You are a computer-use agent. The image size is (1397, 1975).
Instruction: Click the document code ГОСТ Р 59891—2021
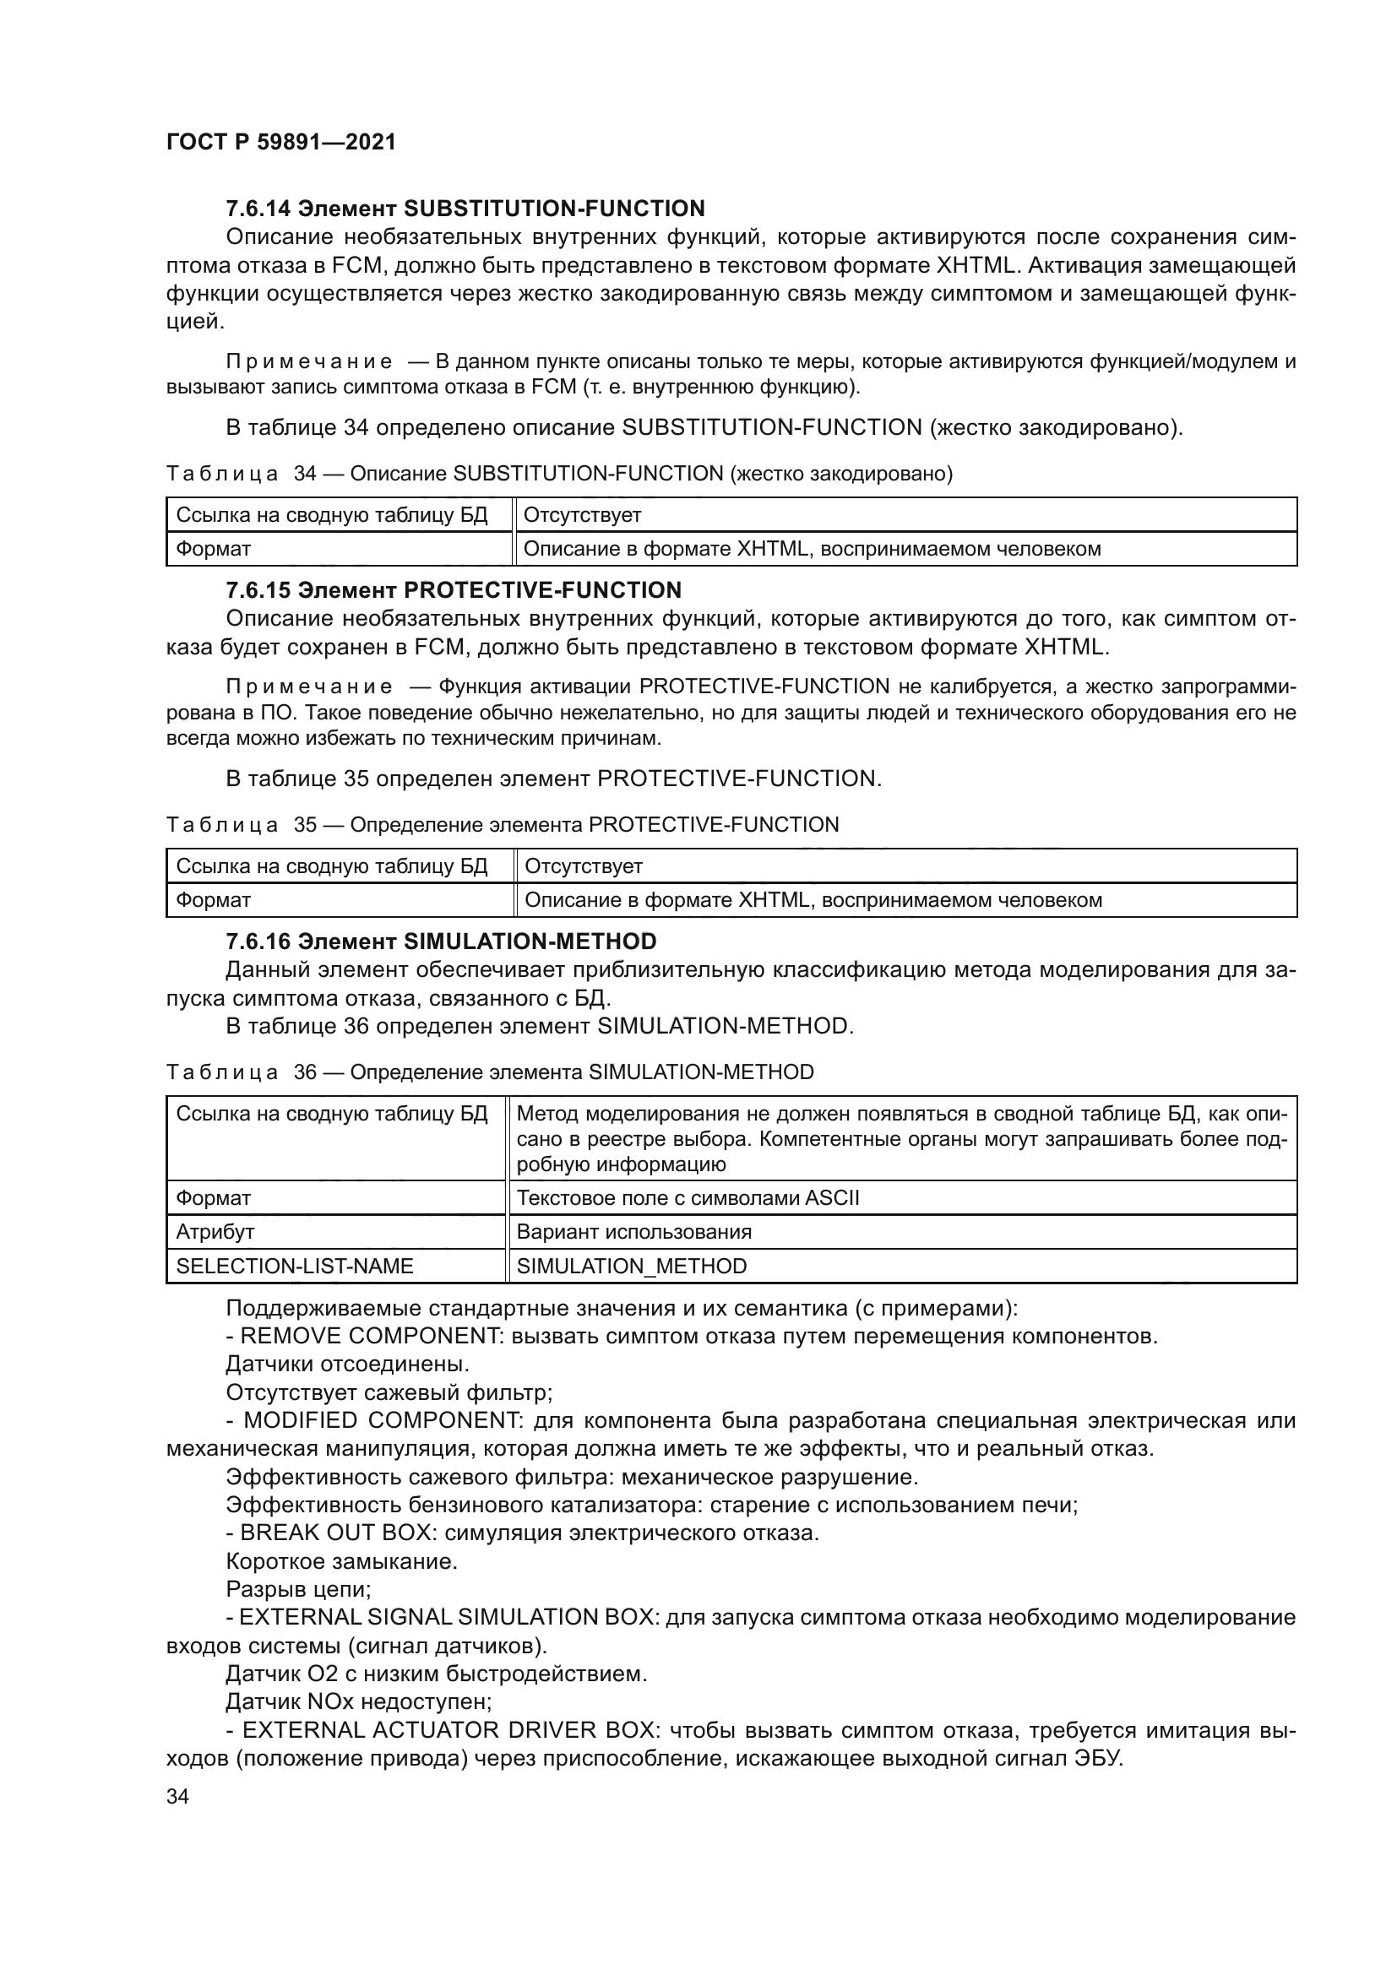click(280, 142)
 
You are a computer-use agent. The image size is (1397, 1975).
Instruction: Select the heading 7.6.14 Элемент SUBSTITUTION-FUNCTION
click(465, 209)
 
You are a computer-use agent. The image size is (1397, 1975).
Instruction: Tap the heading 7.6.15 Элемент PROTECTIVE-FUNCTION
click(454, 590)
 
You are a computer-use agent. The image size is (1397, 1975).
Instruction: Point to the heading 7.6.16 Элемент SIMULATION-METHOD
click(440, 941)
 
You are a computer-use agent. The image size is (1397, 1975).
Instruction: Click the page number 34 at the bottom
click(177, 1797)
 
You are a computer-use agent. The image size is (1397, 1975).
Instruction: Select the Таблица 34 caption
click(559, 474)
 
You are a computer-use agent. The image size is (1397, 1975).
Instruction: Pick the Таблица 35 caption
click(503, 825)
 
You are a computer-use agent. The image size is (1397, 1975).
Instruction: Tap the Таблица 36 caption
click(490, 1072)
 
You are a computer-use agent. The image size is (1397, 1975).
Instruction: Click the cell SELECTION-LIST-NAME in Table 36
click(294, 1267)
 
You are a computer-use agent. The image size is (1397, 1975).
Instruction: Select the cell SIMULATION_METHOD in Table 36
click(632, 1267)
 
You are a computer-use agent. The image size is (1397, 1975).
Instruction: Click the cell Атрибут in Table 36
click(215, 1232)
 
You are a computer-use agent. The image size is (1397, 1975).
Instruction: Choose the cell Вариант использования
click(634, 1232)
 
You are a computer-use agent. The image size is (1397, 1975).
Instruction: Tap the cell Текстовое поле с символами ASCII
click(688, 1198)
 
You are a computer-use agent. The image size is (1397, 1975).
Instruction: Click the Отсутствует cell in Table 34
click(583, 515)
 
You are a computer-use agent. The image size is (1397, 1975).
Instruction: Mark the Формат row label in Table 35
click(214, 901)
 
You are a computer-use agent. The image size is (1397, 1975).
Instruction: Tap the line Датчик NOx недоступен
click(358, 1701)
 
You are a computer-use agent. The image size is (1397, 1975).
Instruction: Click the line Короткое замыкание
click(340, 1561)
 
